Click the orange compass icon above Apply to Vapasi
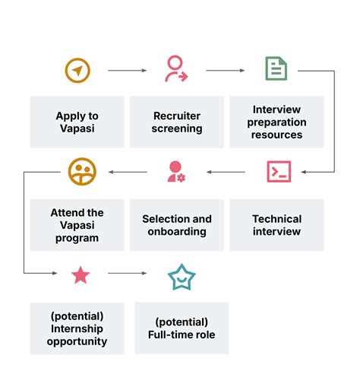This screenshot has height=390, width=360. coord(77,71)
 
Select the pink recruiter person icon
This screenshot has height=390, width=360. coord(176,69)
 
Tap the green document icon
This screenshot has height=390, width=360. coord(276,69)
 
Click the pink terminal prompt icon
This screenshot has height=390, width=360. coord(279,172)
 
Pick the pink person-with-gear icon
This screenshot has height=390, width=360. coord(176,172)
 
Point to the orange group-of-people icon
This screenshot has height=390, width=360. coord(82,172)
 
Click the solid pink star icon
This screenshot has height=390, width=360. coord(81,275)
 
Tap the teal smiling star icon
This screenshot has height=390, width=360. coord(182,277)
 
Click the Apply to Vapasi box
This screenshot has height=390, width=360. coord(77,122)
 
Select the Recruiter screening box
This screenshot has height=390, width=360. coord(177,122)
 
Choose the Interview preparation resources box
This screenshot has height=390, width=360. coord(276,122)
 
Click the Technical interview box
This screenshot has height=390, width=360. coord(276,225)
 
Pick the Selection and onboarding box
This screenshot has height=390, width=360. coord(177,225)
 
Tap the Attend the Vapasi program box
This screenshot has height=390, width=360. coord(77,225)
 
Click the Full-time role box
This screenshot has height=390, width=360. coord(182,328)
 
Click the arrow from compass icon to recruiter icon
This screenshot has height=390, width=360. coord(127,71)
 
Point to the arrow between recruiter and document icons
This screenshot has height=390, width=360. coord(226,71)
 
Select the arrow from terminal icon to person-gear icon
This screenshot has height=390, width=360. coord(226,172)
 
